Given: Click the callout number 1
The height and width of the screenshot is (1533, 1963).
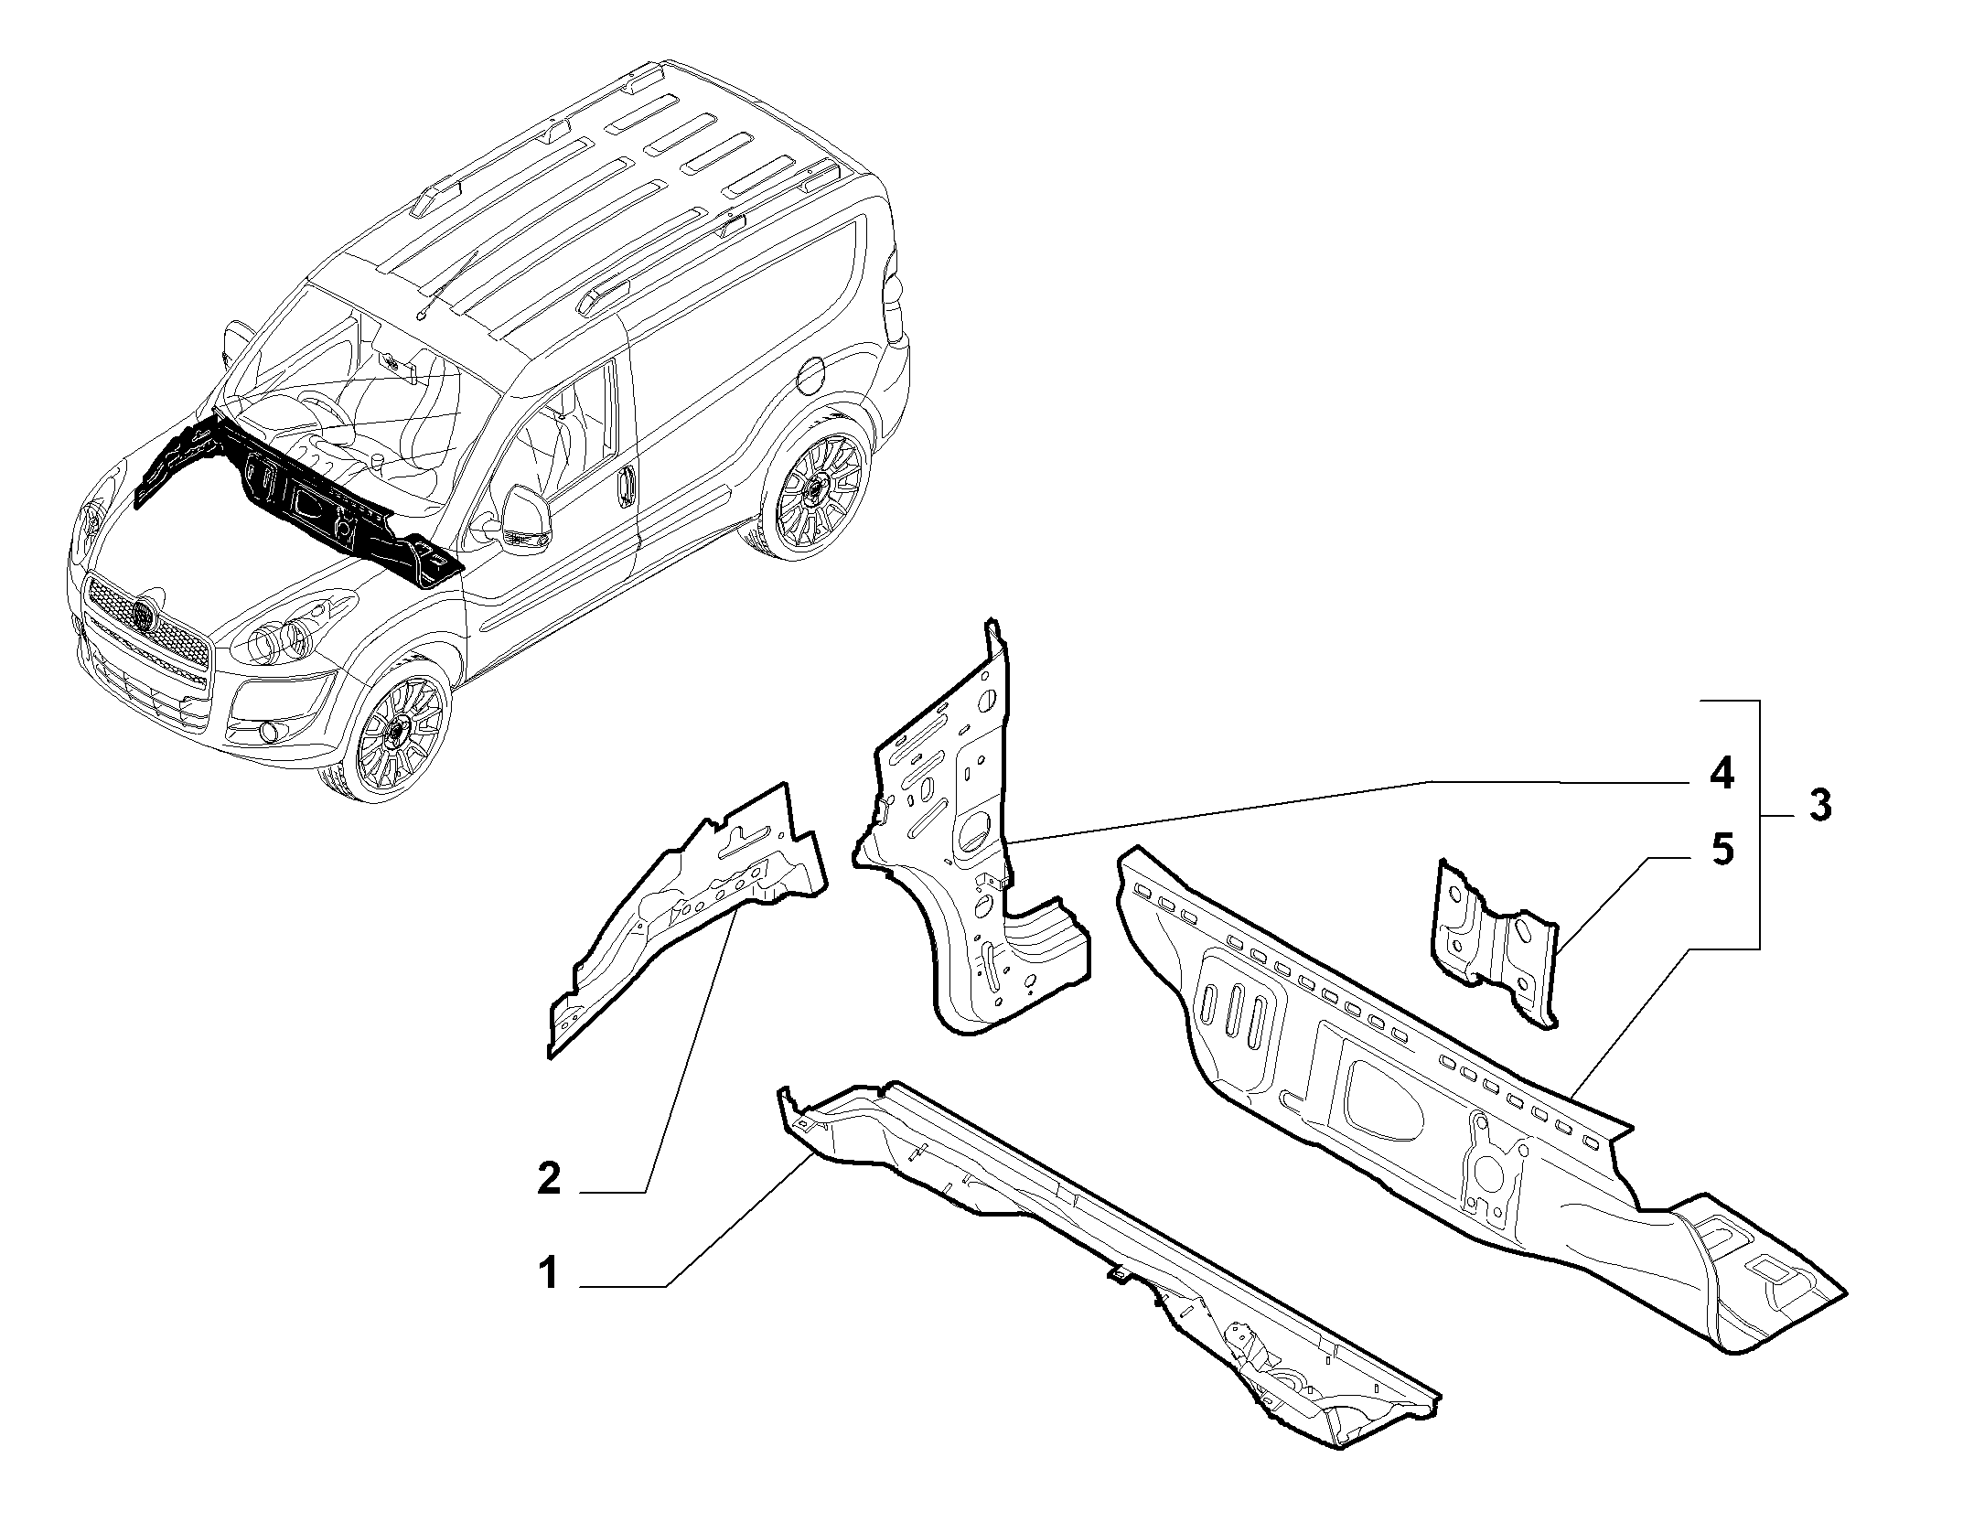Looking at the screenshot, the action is pos(549,1273).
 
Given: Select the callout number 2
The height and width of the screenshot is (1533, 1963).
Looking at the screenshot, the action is pos(549,1178).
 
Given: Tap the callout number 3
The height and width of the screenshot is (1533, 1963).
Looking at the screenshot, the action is pos(1818,806).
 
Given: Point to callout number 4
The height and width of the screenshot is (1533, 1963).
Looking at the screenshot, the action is pos(1721,776).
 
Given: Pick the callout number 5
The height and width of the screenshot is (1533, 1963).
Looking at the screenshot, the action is pos(1722,851).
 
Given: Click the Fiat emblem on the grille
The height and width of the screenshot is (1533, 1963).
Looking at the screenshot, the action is pos(143,615).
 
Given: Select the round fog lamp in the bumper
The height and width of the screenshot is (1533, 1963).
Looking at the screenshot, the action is pos(268,731).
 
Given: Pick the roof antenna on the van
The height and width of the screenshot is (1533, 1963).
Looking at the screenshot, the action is pos(448,284).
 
